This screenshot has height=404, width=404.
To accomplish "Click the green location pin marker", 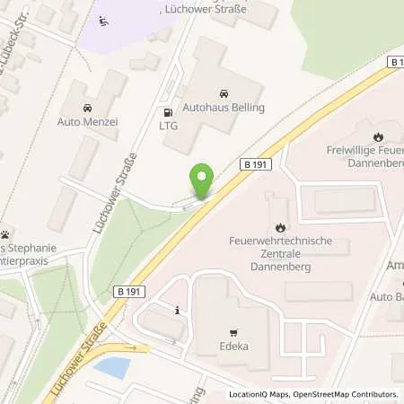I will coord(203,181).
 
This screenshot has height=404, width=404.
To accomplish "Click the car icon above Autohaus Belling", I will coord(223,93).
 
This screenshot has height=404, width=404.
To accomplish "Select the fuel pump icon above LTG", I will coord(168,112).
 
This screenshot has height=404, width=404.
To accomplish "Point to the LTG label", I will coord(168,127).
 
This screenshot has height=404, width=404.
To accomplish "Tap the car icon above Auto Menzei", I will coord(87,109).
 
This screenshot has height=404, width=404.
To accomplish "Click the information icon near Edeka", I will coord(179,311).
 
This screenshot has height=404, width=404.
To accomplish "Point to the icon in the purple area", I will coord(103,21).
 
